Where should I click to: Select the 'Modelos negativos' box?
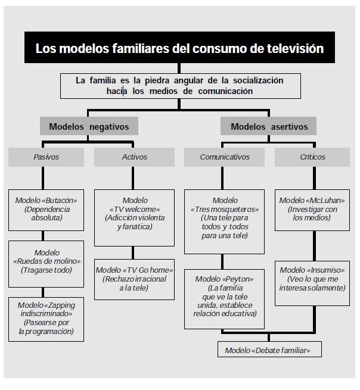coord(89,127)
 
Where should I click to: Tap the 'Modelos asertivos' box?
coord(269,127)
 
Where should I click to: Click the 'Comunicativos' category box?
coord(225,157)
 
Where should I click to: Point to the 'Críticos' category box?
coord(312,157)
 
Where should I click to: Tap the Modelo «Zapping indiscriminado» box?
coord(46,318)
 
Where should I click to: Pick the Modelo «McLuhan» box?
coord(312,210)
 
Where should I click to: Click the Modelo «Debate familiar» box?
coord(268,350)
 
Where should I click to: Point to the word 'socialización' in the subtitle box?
coord(255,80)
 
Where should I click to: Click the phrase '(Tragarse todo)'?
coord(46,270)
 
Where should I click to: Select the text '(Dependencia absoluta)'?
coord(46,214)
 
